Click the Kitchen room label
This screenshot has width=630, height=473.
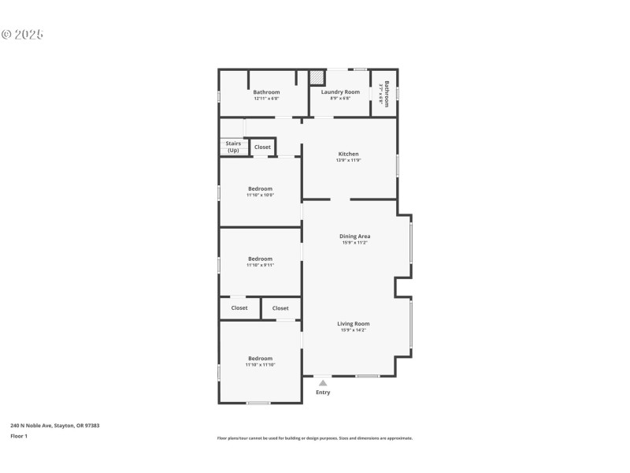click(x=348, y=154)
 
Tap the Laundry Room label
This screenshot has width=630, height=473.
click(x=340, y=92)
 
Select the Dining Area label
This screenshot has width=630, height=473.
click(x=354, y=236)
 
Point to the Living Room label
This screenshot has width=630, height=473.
click(x=354, y=323)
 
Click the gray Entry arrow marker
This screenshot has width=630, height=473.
click(x=323, y=383)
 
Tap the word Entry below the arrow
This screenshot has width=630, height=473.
click(x=323, y=393)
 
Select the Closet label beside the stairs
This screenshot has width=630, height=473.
click(x=262, y=147)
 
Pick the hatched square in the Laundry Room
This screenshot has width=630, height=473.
click(x=317, y=77)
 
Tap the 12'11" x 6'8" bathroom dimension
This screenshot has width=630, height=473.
click(x=266, y=99)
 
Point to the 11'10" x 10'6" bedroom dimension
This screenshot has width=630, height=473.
click(x=260, y=195)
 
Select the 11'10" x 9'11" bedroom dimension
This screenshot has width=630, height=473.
click(x=260, y=265)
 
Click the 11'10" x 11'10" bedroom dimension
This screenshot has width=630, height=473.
click(x=260, y=365)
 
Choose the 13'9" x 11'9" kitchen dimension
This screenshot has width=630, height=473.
click(x=348, y=160)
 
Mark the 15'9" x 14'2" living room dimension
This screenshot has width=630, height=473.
click(x=354, y=330)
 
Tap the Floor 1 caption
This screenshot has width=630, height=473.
click(x=19, y=436)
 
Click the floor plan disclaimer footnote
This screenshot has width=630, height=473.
click(x=314, y=438)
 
